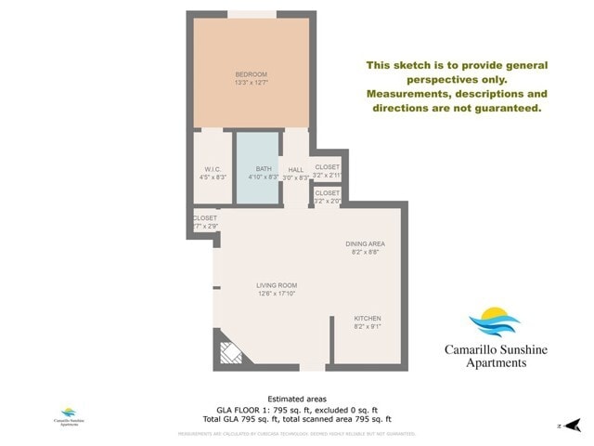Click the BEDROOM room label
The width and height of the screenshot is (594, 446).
[251, 74]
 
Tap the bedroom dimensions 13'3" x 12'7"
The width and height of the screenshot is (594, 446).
[251, 84]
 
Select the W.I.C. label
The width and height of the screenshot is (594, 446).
[211, 169]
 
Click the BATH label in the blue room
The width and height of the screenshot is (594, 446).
[264, 169]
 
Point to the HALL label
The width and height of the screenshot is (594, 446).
[296, 170]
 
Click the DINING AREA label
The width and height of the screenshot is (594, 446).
[365, 243]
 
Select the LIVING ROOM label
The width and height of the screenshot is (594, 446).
[277, 285]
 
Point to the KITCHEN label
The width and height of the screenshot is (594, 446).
[368, 319]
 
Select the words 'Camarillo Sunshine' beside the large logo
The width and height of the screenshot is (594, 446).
[496, 350]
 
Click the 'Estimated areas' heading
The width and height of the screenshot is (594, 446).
[297, 399]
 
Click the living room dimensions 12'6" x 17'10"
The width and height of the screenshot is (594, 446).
[277, 294]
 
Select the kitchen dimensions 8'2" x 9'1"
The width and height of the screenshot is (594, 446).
[368, 327]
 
